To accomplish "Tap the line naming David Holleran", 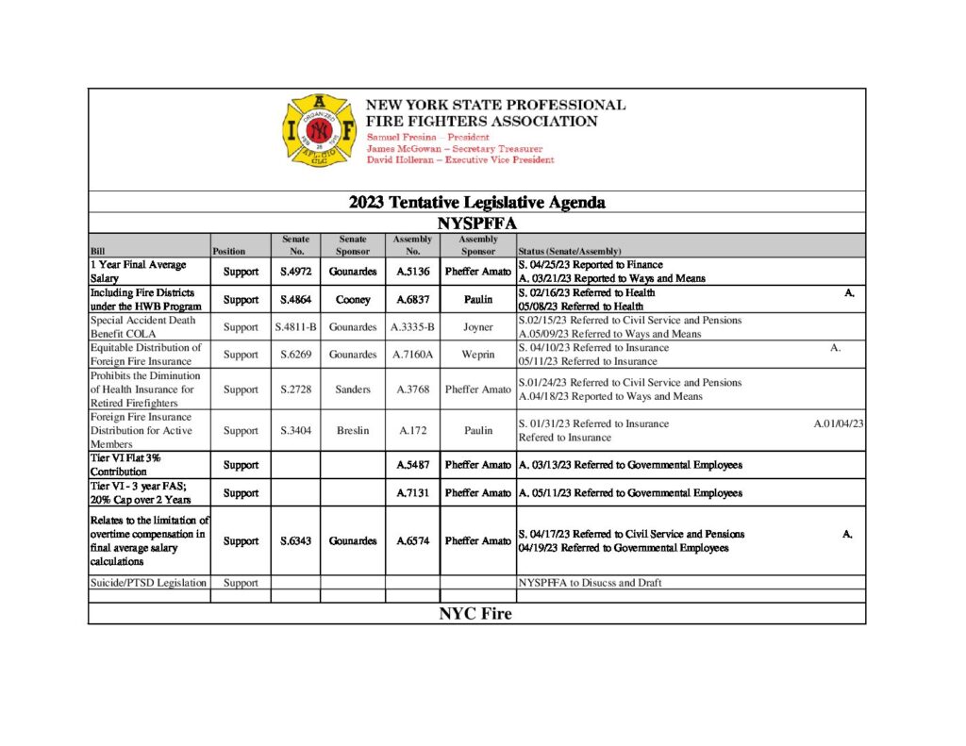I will point(460,159).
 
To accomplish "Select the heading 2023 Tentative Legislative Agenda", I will point(476,202).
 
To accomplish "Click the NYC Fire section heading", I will point(475,614).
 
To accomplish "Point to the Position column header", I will point(229,252).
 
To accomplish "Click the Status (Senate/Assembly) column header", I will point(570,252).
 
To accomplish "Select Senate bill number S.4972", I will point(295,272).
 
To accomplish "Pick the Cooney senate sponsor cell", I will point(352,300).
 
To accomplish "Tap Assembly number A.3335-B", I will point(412,327).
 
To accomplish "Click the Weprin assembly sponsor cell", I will point(477,355).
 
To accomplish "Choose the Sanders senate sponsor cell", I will point(352,390).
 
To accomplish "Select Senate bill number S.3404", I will point(295,431).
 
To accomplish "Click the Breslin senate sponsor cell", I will point(352,431).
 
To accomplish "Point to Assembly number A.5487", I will point(412,465).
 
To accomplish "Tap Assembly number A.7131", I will point(412,493).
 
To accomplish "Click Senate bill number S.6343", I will point(295,541).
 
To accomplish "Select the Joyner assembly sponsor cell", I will point(477,327).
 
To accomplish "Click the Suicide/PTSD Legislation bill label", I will point(148,583).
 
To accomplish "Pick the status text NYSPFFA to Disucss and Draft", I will point(590,583).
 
